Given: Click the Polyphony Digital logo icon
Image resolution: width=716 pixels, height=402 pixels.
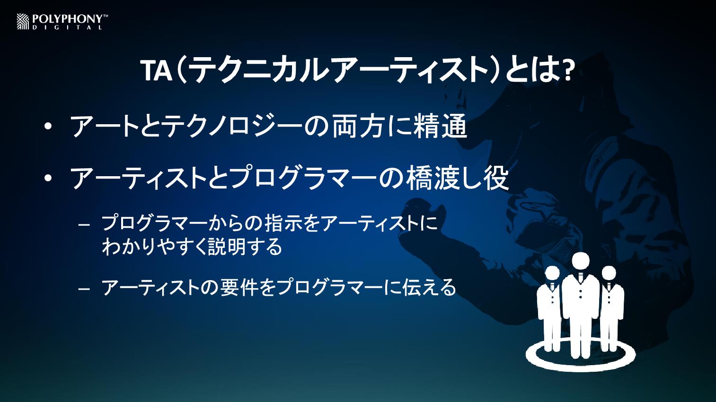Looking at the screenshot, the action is click(23, 22).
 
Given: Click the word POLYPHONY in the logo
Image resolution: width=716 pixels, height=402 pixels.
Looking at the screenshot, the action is click(67, 19).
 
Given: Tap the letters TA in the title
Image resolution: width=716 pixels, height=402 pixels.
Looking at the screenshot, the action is click(157, 71).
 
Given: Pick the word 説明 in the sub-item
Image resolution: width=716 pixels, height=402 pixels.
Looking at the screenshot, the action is click(227, 247).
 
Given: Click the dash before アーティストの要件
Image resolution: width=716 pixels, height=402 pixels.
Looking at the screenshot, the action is click(84, 289).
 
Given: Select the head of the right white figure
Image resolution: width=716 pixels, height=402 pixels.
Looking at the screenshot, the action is click(609, 274).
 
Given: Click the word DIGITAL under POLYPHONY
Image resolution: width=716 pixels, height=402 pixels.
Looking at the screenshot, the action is click(67, 28).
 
